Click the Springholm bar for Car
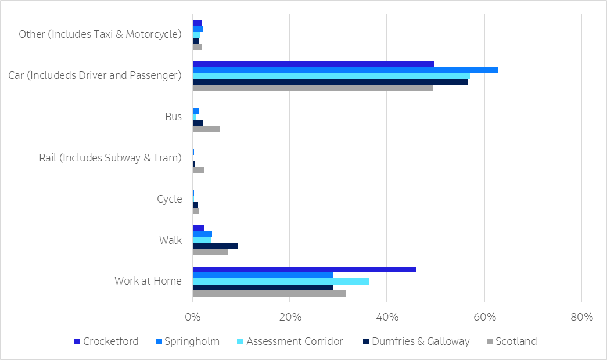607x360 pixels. tap(345, 70)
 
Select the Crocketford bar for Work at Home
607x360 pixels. tap(304, 269)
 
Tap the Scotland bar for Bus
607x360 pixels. tap(206, 129)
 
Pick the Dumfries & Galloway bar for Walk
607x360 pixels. tap(215, 246)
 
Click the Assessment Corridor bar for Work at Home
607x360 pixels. tap(281, 281)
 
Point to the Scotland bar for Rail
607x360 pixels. tap(199, 170)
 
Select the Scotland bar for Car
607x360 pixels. tap(313, 88)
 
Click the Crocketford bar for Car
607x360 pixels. tap(314, 64)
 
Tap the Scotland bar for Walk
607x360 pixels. tap(210, 252)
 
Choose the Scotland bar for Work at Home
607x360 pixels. tap(270, 293)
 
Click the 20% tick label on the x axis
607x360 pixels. tap(290, 318)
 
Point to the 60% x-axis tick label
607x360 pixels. tap(484, 318)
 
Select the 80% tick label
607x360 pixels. tap(581, 318)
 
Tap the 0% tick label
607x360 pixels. tap(193, 318)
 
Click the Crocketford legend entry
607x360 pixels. tap(106, 341)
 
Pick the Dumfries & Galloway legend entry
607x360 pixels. tap(415, 341)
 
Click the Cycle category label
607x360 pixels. tap(170, 199)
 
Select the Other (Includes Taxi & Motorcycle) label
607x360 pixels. tap(100, 34)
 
